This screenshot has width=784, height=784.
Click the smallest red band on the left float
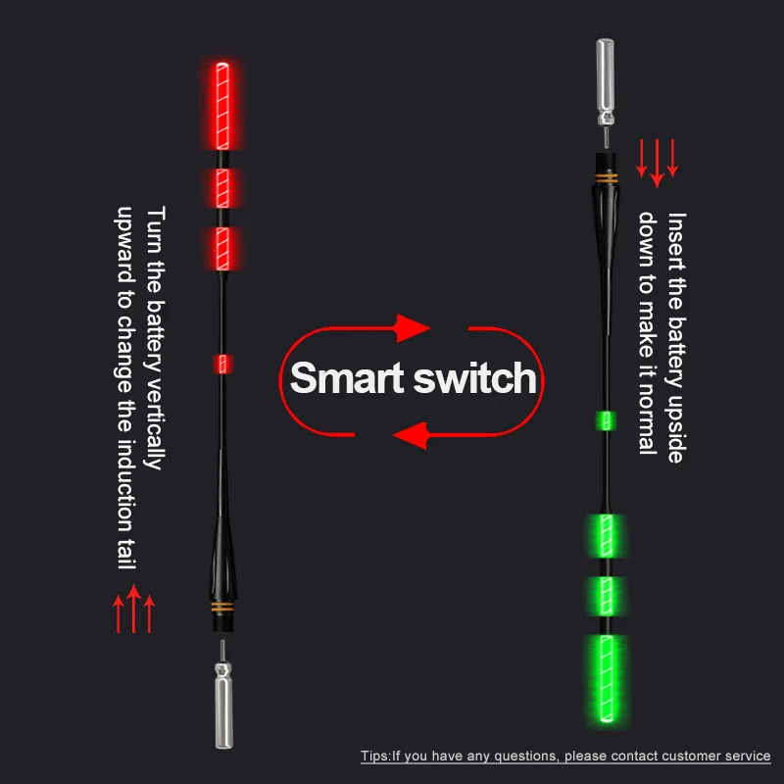pyautogui.click(x=223, y=365)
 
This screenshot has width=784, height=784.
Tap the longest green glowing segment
pyautogui.click(x=606, y=680)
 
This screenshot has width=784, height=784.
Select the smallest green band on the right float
pyautogui.click(x=606, y=421)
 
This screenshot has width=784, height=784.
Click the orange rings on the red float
pyautogui.click(x=223, y=609)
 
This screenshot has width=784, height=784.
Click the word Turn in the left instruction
pyautogui.click(x=154, y=228)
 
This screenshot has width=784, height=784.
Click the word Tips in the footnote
pyautogui.click(x=375, y=757)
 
